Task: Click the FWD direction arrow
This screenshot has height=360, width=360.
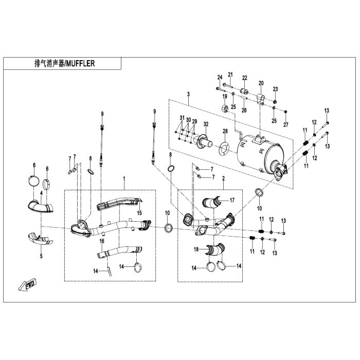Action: (28, 284)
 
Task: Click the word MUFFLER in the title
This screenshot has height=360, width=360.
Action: (80, 63)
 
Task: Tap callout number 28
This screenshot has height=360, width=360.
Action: (225, 131)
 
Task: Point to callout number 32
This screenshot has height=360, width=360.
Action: (206, 124)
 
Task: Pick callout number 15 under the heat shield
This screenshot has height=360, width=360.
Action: (139, 213)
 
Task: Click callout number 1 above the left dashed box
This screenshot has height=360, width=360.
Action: (124, 178)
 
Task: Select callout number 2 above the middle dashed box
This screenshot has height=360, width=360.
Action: (223, 178)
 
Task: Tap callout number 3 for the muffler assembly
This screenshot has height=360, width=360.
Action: (189, 94)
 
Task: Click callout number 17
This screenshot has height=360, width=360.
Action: (232, 200)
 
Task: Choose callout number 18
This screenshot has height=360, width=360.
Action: (196, 249)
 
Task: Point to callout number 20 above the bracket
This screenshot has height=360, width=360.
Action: (261, 83)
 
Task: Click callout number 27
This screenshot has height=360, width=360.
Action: (285, 125)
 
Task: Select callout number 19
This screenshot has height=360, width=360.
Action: (225, 97)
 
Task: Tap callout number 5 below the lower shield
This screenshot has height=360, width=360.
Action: (41, 256)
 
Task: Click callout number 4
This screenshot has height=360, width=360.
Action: (41, 193)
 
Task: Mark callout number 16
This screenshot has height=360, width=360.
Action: (102, 241)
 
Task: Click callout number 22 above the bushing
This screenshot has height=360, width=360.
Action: (245, 78)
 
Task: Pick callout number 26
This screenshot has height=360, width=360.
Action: (244, 111)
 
